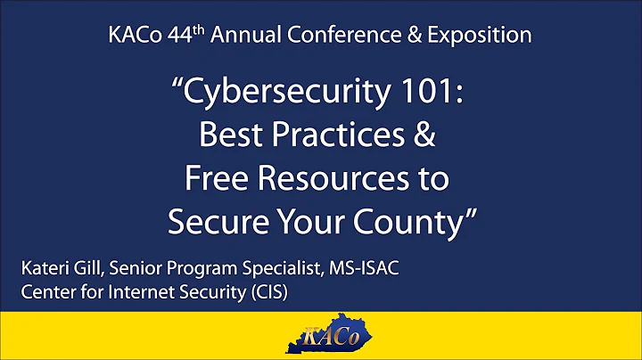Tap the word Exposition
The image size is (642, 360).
[475, 36]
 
